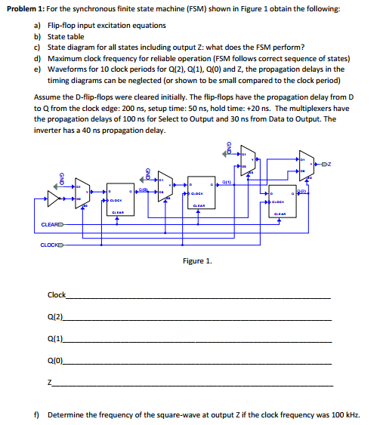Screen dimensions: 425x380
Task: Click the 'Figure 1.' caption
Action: click(x=198, y=261)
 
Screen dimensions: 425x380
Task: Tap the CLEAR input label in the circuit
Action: click(x=52, y=223)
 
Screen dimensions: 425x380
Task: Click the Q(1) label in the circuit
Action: click(x=226, y=183)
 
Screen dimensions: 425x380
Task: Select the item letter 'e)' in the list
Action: click(x=38, y=68)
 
